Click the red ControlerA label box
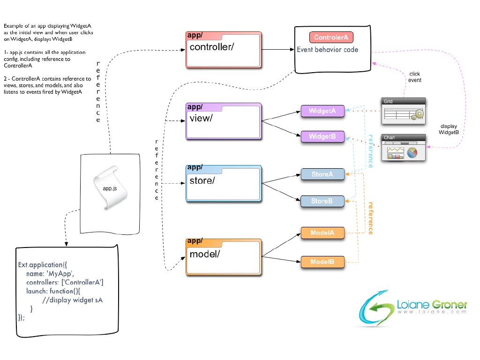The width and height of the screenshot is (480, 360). tap(331, 37)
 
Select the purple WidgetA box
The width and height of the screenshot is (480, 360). tap(322, 112)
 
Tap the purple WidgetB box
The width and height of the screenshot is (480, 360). tap(322, 137)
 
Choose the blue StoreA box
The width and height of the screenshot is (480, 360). tap(322, 174)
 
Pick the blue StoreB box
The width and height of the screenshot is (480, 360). tap(322, 201)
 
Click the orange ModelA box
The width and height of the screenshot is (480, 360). tap(322, 233)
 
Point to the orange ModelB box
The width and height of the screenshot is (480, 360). tap(322, 262)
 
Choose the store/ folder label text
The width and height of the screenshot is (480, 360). tap(202, 180)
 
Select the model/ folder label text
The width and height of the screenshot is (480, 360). tap(204, 254)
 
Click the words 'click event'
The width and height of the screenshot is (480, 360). tap(415, 77)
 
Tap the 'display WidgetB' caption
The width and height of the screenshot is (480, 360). tap(449, 129)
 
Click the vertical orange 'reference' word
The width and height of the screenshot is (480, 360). tap(370, 218)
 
